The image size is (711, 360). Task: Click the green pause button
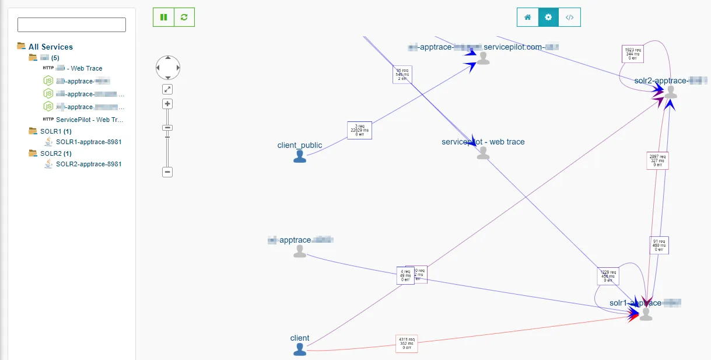(x=163, y=18)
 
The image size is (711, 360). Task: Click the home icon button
(x=527, y=18)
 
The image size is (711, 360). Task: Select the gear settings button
(x=548, y=18)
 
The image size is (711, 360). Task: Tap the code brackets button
(x=570, y=18)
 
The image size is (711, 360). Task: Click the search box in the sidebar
(x=72, y=25)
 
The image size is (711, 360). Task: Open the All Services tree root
(x=50, y=47)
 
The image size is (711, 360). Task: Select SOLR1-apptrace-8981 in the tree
(x=89, y=142)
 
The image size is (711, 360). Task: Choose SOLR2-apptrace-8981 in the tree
(x=89, y=164)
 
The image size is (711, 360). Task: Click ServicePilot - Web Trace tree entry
(x=89, y=120)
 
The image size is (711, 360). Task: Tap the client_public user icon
(x=300, y=156)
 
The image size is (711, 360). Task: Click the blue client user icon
(x=300, y=349)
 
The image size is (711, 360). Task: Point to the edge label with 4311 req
(x=407, y=344)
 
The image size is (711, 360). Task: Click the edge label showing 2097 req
(x=658, y=160)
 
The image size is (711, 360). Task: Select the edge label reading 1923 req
(x=633, y=54)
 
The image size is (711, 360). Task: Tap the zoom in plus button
(x=167, y=104)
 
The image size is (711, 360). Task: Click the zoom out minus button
(x=167, y=172)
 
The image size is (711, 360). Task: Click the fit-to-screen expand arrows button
(x=167, y=89)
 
